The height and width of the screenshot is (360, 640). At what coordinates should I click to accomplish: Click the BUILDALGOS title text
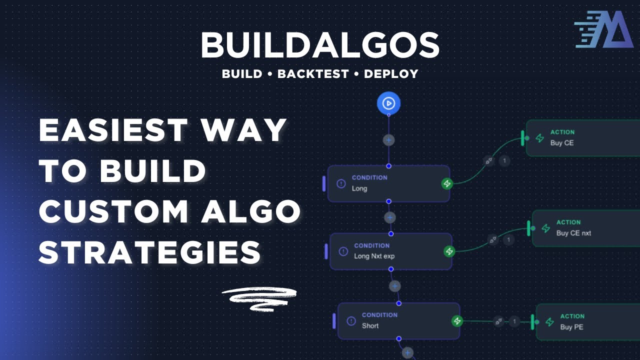point(320,45)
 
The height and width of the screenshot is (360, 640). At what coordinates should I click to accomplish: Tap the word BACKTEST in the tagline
point(313,74)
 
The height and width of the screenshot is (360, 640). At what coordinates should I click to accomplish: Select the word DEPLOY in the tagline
point(391,74)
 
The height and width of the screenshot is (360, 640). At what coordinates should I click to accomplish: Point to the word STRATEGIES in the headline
point(150,252)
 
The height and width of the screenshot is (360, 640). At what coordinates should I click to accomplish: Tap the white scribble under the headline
point(259,298)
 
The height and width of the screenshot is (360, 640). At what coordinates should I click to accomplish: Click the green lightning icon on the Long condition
point(447,183)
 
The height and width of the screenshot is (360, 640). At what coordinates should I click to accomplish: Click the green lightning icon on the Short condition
point(457,321)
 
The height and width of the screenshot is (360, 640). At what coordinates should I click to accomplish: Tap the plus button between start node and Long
point(388,140)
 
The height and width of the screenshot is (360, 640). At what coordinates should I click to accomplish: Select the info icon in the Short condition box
point(351,320)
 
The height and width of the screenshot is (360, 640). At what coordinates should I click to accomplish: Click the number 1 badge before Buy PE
point(514,321)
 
